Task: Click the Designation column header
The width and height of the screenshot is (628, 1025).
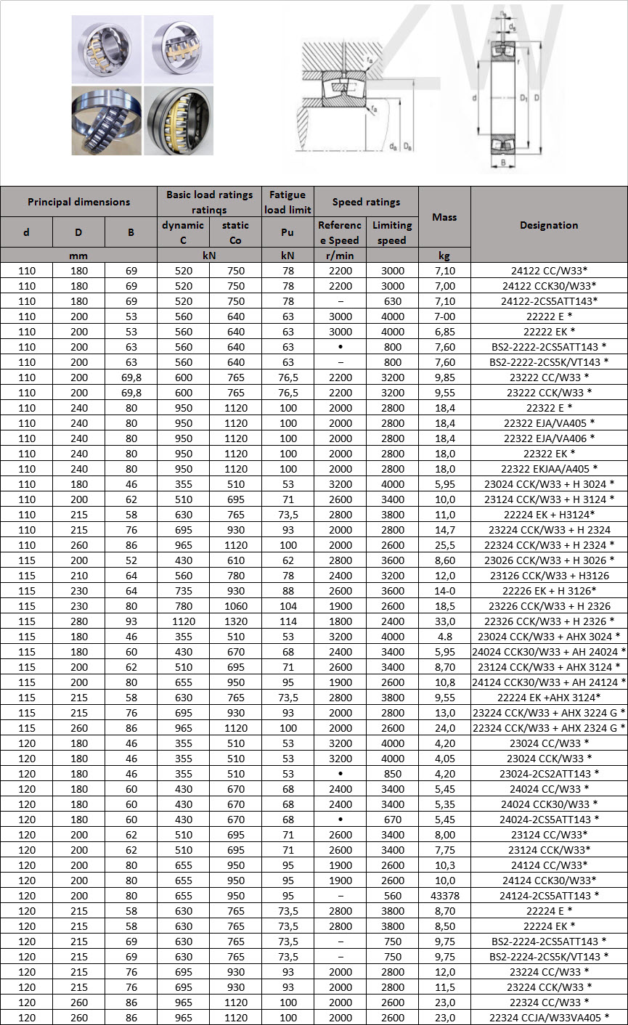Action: [549, 225]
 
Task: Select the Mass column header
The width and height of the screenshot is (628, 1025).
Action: [444, 217]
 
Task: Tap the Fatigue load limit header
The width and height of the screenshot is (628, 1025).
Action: [288, 202]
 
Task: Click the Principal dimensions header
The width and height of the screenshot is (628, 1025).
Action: [78, 202]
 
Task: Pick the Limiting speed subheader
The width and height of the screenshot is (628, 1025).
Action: [392, 232]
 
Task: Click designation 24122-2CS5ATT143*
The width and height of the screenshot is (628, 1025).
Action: [549, 301]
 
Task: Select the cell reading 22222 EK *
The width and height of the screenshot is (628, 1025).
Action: [549, 332]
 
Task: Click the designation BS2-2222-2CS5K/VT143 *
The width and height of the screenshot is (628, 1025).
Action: [549, 362]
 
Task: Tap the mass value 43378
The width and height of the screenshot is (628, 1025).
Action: [444, 896]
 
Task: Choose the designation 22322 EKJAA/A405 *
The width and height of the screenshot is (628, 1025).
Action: [549, 469]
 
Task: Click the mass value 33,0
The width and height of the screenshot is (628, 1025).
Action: [444, 621]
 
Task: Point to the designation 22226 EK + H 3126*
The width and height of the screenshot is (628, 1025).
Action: [549, 591]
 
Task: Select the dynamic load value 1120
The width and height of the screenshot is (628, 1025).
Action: [183, 621]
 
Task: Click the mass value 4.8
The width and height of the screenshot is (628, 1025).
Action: [444, 637]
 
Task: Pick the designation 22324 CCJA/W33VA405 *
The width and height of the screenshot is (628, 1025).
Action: [549, 1018]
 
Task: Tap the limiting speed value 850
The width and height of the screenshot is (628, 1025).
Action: [392, 774]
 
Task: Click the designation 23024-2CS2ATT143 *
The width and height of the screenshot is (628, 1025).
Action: [549, 774]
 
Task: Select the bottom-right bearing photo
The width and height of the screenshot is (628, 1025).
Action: [179, 120]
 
